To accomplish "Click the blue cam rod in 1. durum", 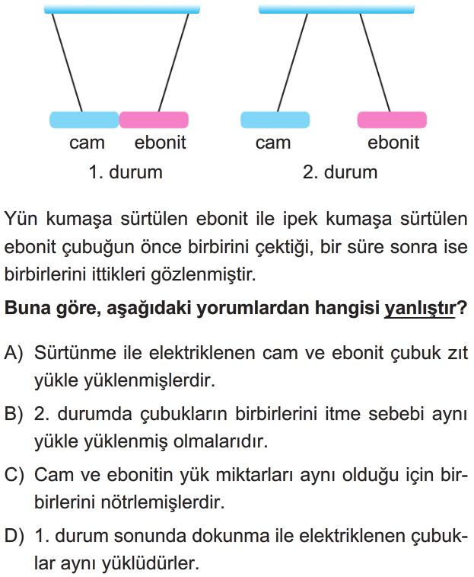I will coord(84,120).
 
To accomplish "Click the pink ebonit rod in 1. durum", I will coord(154,120).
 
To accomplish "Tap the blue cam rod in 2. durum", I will coord(275,120).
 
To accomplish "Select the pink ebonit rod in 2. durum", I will coord(392,120).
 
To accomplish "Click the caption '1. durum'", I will coord(126,171).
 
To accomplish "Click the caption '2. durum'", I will coord(340,171).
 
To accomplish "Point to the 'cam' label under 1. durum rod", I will coord(87,143).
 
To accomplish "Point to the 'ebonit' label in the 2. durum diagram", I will coord(393,143).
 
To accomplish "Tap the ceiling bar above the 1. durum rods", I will coord(122,9).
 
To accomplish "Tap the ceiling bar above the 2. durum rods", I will coord(336,9).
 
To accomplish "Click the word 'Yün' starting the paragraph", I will coord(20,220).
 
